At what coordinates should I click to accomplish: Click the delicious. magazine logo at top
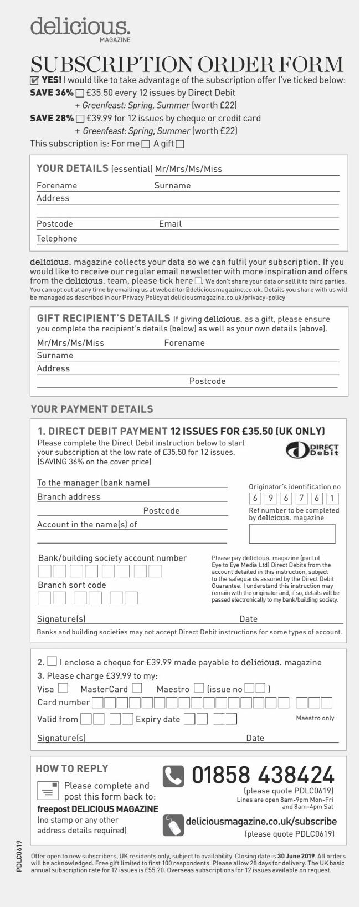(x=81, y=28)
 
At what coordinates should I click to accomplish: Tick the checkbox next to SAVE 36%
(x=80, y=93)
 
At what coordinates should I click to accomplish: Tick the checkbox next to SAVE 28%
(x=80, y=119)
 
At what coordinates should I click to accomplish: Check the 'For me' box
(x=146, y=144)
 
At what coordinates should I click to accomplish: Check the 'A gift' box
(x=179, y=144)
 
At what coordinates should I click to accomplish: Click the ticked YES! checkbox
(x=35, y=80)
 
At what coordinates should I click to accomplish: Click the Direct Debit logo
(x=312, y=449)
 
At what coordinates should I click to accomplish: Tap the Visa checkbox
(x=63, y=688)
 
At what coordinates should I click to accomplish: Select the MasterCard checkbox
(x=137, y=688)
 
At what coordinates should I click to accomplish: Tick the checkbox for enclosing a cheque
(x=52, y=661)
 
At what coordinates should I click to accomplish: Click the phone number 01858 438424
(x=263, y=775)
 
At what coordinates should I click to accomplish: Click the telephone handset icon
(x=173, y=776)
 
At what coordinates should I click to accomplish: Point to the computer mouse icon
(x=173, y=825)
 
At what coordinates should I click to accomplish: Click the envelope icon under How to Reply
(x=48, y=790)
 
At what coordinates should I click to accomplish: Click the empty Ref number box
(x=292, y=534)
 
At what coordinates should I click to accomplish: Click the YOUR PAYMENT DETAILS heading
(x=92, y=409)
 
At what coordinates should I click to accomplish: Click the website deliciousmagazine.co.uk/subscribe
(x=261, y=821)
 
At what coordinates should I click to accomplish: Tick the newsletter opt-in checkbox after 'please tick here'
(x=198, y=281)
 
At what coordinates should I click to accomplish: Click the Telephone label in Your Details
(x=57, y=239)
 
